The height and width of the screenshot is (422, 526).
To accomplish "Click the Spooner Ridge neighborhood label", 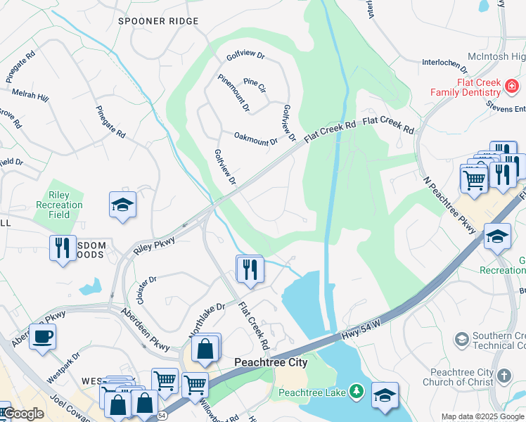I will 158,21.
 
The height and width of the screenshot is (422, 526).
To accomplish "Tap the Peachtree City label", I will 270,362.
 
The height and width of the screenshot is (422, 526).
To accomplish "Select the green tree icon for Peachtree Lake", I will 357,390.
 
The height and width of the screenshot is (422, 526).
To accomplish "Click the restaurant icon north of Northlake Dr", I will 250,268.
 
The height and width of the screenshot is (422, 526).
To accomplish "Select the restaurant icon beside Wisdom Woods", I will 63,248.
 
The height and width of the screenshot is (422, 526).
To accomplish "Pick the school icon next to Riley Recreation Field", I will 122,205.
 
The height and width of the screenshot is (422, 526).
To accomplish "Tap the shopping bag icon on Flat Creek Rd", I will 205,347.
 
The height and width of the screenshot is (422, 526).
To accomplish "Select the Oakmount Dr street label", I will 255,139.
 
